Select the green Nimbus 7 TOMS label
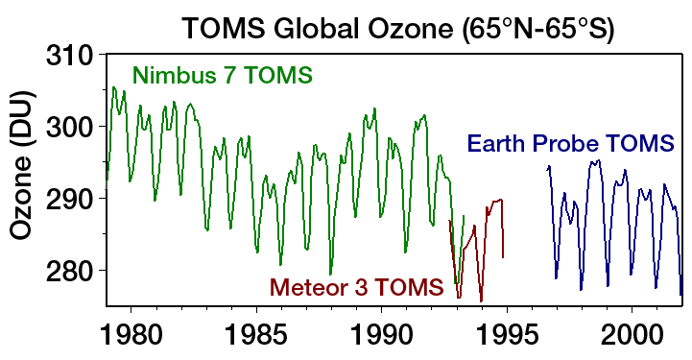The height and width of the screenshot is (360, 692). click(223, 73)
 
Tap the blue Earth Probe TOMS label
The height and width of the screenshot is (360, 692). click(570, 146)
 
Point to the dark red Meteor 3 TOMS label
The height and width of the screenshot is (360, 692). click(355, 286)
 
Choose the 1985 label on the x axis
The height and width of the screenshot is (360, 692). click(255, 339)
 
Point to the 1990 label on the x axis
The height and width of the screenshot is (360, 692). click(381, 339)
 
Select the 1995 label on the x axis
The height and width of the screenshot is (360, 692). click(507, 339)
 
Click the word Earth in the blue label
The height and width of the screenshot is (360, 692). click(497, 146)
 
